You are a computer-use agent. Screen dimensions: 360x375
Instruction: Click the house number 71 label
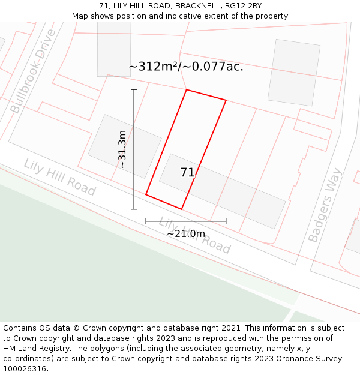tap(187, 173)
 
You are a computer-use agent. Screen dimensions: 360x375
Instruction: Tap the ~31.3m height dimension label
tap(122, 149)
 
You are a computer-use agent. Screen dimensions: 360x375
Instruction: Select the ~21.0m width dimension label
tap(186, 233)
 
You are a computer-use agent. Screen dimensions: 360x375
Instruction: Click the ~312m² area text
tap(186, 67)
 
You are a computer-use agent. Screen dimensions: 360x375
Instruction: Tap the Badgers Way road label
tap(325, 205)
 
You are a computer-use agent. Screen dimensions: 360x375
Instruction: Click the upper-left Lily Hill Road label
tap(59, 178)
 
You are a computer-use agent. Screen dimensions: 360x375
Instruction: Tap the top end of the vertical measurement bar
tap(134, 90)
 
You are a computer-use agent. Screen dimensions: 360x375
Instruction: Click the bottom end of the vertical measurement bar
tap(134, 209)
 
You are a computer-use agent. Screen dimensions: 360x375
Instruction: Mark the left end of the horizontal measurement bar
tap(146, 221)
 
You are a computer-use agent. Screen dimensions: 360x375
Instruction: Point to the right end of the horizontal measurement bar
tap(226, 221)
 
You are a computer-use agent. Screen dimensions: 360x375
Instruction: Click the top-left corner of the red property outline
tap(187, 90)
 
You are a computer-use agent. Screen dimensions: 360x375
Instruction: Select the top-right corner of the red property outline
tap(226, 100)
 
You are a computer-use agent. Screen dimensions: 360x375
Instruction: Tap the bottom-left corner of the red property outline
tap(146, 194)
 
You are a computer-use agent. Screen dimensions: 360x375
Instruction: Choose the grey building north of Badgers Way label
tap(295, 72)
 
